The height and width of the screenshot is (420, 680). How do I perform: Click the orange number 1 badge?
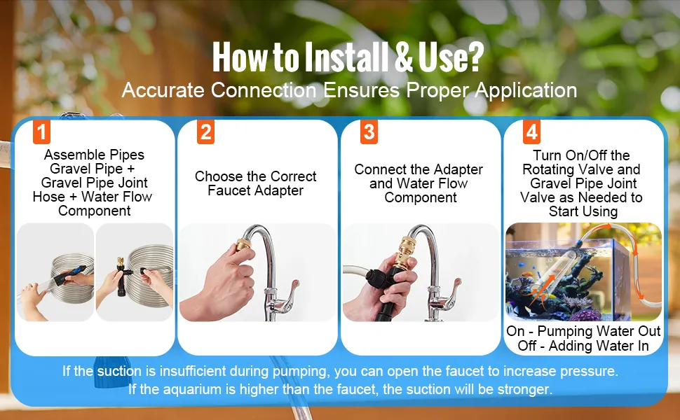click(x=41, y=132)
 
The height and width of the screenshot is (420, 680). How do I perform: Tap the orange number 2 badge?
click(x=205, y=132)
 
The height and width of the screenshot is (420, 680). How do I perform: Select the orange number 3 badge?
click(x=369, y=132)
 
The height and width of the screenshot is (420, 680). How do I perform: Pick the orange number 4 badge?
click(x=531, y=132)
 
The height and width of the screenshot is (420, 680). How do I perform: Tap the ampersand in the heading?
click(x=404, y=57)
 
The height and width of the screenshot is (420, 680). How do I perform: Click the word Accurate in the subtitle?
click(x=163, y=90)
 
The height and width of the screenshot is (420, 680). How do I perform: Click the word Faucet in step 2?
click(x=228, y=190)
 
